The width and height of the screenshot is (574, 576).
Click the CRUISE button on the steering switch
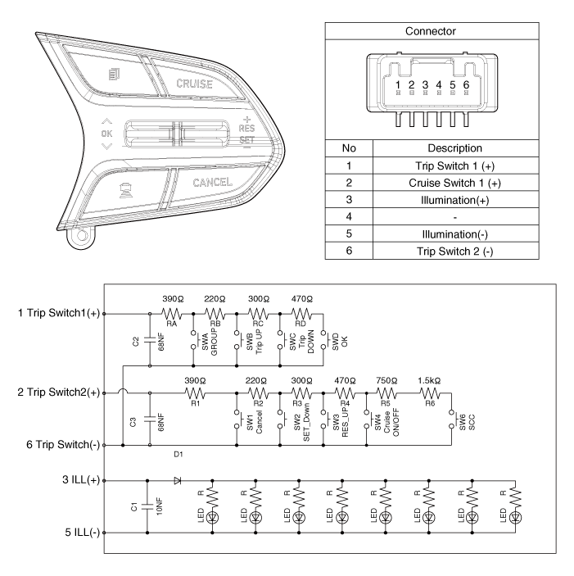click(194, 84)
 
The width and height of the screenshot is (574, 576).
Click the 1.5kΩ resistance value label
click(429, 381)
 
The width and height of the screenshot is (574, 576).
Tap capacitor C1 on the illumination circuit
click(147, 507)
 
